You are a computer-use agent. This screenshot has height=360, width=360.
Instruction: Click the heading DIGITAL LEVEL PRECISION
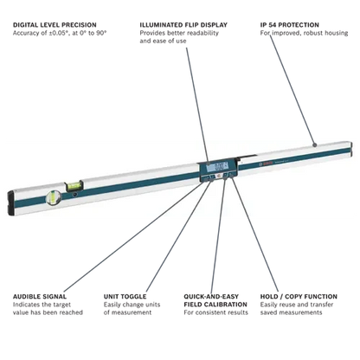coord(55,25)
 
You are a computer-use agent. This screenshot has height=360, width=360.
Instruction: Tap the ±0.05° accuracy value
coord(60,33)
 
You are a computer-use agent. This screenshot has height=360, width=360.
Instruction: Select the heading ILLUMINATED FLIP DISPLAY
coord(183,25)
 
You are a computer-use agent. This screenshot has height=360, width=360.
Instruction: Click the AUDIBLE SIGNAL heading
coord(40,297)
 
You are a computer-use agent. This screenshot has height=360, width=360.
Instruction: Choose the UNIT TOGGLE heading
coord(125,297)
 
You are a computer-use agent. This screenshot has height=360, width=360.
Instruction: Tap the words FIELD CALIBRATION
coord(215,305)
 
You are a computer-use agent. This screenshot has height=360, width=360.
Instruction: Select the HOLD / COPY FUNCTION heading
coord(299,297)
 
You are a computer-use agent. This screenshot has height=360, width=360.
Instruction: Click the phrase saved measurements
coord(291,312)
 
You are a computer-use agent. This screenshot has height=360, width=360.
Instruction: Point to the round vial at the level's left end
coord(53,197)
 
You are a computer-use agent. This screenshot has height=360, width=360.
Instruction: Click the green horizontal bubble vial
coord(74,186)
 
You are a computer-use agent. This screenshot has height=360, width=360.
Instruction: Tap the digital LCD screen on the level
coord(217,167)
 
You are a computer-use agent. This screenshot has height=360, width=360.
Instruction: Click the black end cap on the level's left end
coord(10,203)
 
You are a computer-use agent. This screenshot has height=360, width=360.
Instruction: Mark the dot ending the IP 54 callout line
coord(314,145)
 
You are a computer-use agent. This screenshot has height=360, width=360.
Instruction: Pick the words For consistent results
coord(215,312)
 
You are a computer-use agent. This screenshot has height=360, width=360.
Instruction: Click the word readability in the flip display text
coord(202,33)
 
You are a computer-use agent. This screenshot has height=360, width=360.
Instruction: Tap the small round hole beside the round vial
coord(75,195)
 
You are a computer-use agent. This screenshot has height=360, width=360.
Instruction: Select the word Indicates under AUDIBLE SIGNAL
coord(26,305)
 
